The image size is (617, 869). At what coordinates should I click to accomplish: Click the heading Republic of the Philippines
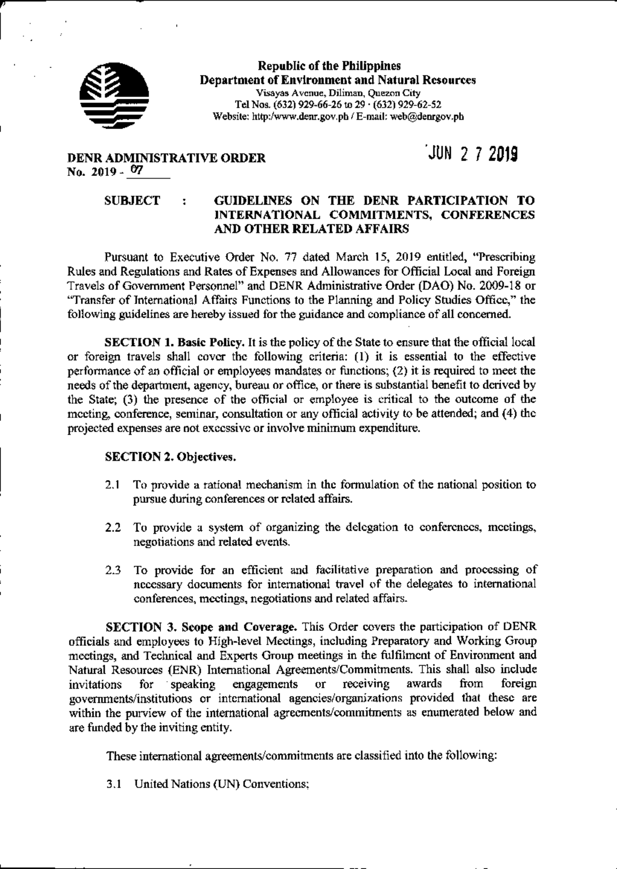point(329,66)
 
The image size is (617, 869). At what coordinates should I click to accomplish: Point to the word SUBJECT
point(132,201)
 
